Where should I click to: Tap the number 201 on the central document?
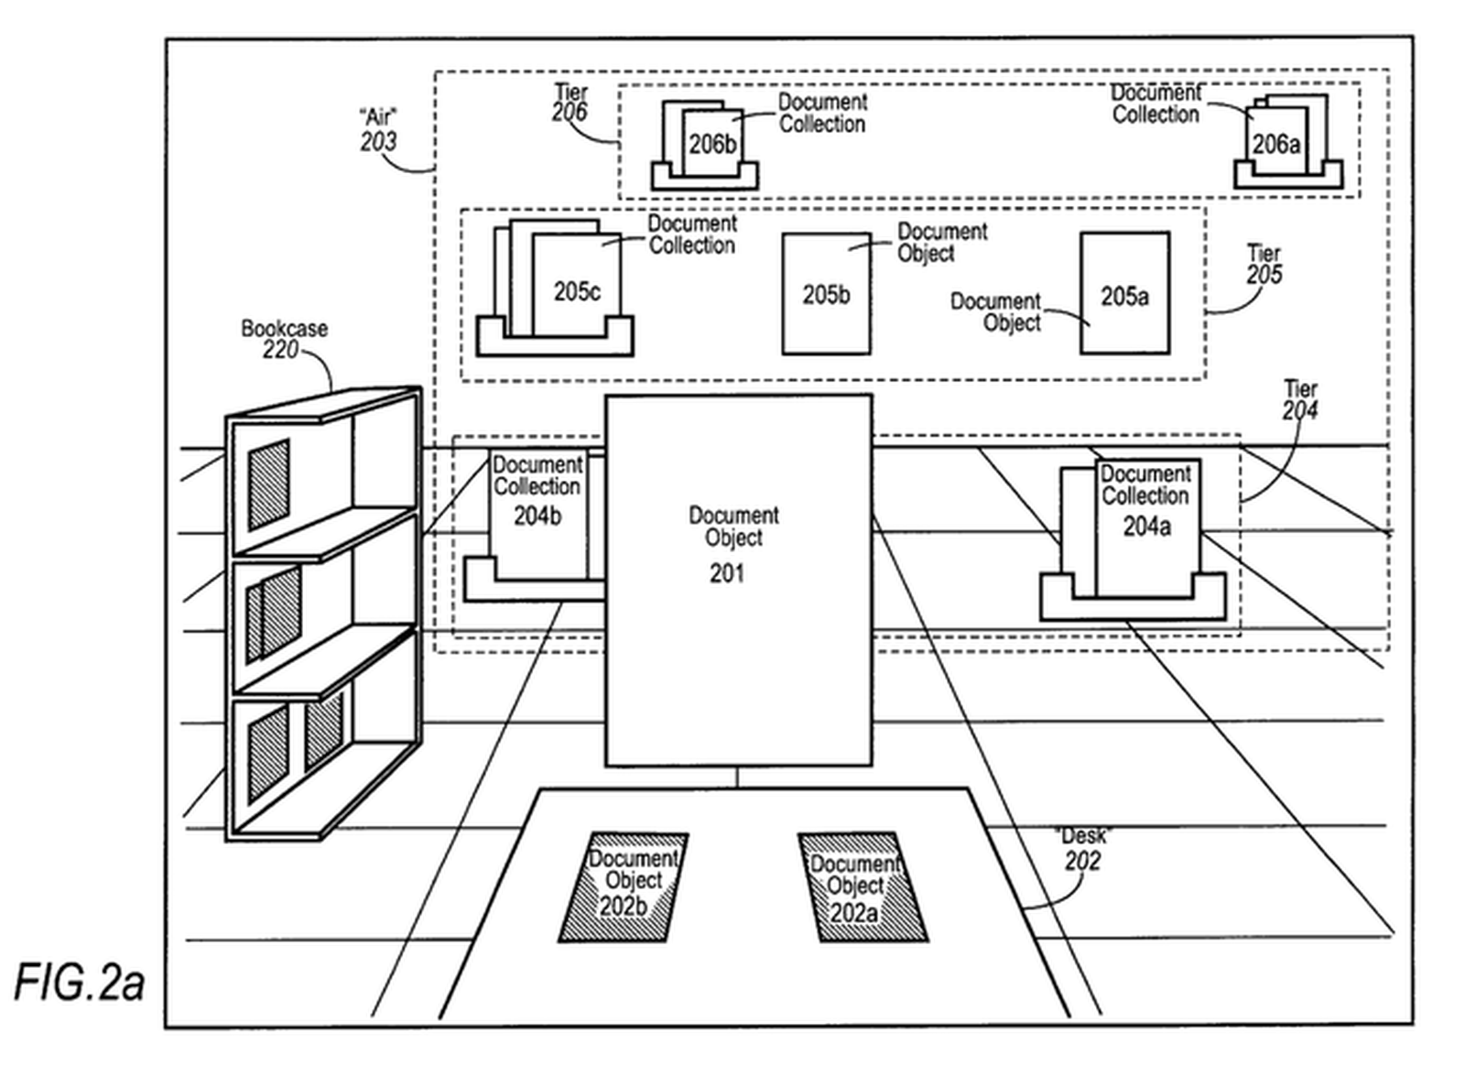click(727, 574)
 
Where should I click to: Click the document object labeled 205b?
click(826, 294)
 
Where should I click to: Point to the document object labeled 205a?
click(1124, 294)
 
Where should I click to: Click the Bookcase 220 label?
click(283, 339)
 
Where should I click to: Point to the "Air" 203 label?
click(378, 129)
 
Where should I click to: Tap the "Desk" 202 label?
click(1082, 849)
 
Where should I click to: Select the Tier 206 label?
click(570, 103)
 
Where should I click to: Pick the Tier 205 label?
click(1264, 264)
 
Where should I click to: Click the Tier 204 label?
click(1300, 400)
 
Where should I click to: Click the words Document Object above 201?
click(733, 527)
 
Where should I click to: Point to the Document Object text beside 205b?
click(940, 243)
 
